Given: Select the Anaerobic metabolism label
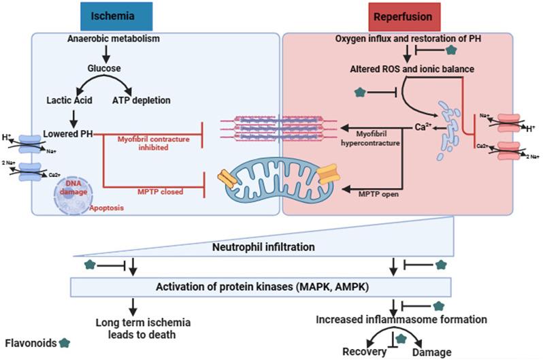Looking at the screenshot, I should click(113, 39).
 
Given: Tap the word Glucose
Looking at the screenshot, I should click(103, 68).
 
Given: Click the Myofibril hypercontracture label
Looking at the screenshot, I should click(371, 137).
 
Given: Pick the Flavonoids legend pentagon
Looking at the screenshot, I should click(65, 342).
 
